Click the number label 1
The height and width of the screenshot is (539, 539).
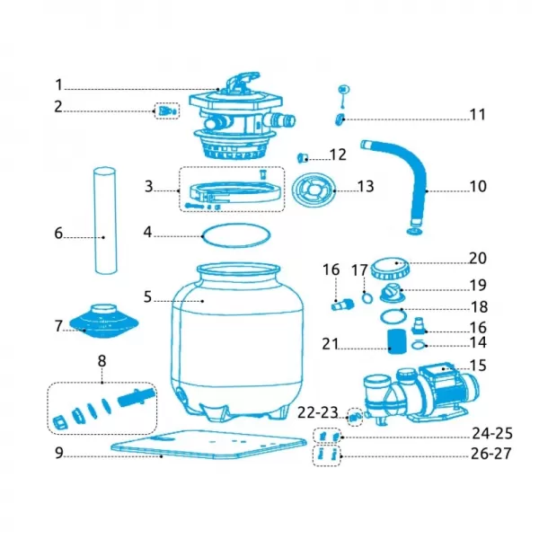pyautogui.click(x=58, y=86)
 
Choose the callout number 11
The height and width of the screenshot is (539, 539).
pyautogui.click(x=476, y=116)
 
